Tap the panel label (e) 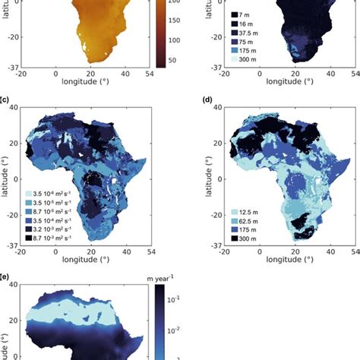point(5,278)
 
